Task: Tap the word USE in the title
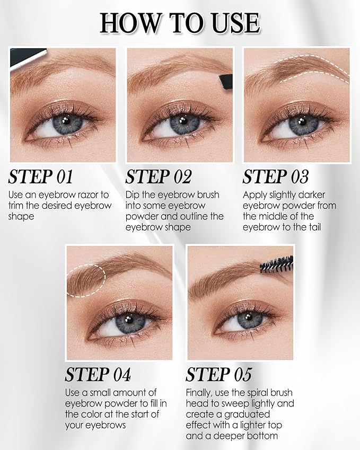tap(233, 23)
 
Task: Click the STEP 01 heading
tap(40, 177)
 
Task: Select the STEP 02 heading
tap(159, 177)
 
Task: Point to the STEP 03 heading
tap(276, 177)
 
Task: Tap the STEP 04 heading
tap(98, 375)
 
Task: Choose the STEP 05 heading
tap(218, 375)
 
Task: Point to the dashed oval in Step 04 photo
tap(86, 279)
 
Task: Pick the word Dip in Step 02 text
tap(133, 195)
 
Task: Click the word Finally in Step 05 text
tap(201, 393)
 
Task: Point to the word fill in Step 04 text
tap(152, 403)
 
